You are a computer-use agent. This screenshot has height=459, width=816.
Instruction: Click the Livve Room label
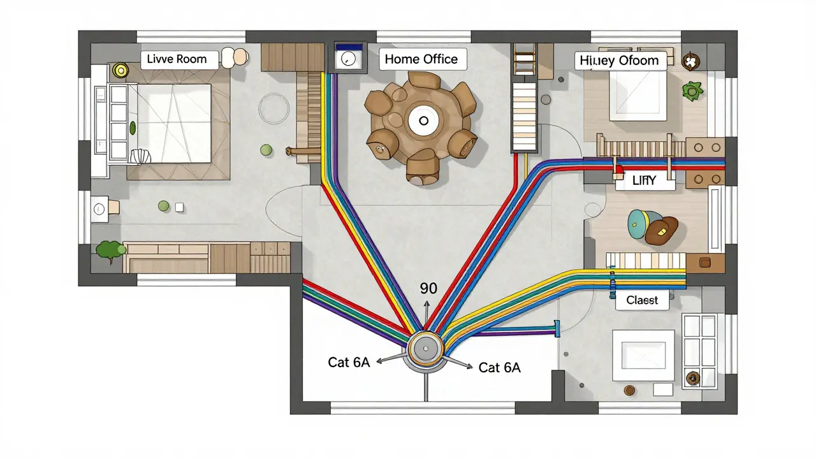click(177, 59)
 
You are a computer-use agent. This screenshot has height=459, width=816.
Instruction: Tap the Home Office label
click(421, 59)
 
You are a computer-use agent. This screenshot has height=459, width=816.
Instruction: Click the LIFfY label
click(644, 181)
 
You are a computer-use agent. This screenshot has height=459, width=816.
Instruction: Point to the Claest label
click(642, 300)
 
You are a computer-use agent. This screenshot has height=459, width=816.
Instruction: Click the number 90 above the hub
click(429, 288)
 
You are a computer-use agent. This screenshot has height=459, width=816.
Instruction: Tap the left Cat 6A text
click(349, 362)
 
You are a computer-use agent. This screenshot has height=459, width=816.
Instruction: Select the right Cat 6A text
click(499, 367)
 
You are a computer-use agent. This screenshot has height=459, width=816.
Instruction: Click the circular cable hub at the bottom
click(425, 349)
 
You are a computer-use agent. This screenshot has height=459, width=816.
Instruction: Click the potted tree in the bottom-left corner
click(110, 251)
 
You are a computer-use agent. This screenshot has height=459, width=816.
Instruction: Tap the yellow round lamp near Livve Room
click(119, 69)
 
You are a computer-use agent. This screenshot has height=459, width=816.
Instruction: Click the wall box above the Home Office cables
click(347, 59)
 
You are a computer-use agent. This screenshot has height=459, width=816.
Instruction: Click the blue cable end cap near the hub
click(557, 328)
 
